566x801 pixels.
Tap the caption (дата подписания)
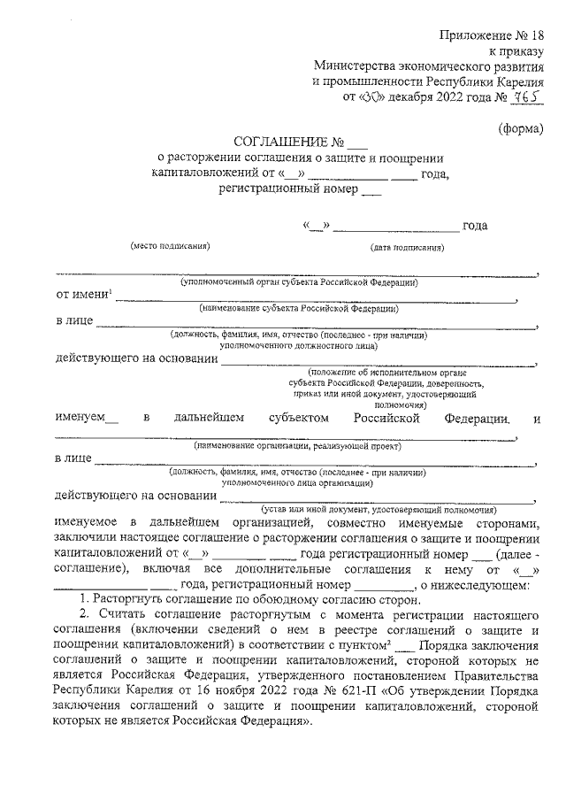click(407, 248)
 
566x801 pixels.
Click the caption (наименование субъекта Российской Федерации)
click(299, 309)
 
